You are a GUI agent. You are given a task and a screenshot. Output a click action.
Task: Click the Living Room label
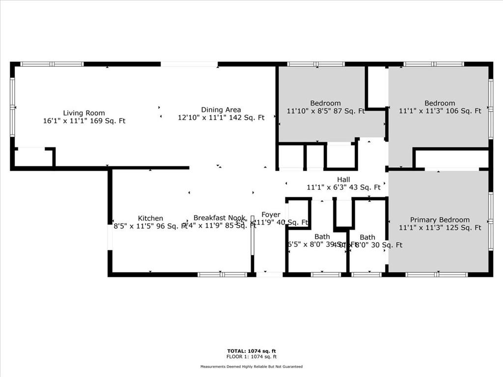(84, 113)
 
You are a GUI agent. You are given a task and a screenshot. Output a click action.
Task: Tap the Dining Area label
(221, 109)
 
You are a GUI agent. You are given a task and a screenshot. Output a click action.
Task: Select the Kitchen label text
(150, 218)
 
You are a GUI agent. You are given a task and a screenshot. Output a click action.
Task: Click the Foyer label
(271, 215)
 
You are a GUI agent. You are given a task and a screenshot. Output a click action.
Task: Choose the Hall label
(343, 179)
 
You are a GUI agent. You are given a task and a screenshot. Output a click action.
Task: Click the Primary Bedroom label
(440, 220)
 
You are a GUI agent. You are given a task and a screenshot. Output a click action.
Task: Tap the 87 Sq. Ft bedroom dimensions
(326, 111)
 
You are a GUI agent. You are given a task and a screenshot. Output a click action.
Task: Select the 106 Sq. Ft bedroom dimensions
(440, 111)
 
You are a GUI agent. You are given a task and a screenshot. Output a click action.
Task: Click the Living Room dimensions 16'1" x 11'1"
(84, 121)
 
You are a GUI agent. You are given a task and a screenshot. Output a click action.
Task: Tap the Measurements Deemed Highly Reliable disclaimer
(251, 367)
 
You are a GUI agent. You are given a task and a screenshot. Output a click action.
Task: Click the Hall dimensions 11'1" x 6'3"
(343, 187)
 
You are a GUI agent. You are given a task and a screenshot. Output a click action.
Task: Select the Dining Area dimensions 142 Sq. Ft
(221, 117)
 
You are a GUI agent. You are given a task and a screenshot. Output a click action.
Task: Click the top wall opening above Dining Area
(189, 64)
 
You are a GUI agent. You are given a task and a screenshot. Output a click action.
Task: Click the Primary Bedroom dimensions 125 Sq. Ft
(440, 228)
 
